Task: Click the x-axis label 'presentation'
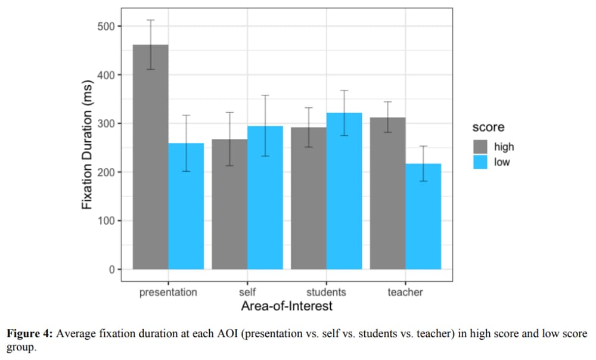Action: [168, 292]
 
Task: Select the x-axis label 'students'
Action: [326, 292]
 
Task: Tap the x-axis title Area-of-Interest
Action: [287, 306]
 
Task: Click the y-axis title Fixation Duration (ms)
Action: [87, 144]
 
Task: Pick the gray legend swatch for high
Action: [480, 147]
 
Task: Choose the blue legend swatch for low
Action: [480, 162]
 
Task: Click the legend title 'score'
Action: [488, 128]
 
